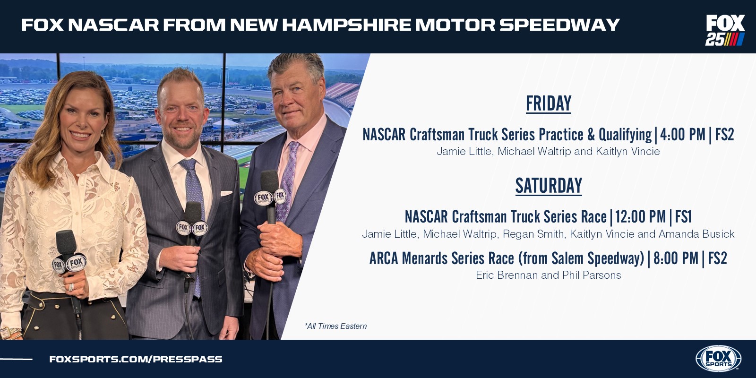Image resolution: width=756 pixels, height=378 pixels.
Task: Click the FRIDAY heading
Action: tap(549, 103)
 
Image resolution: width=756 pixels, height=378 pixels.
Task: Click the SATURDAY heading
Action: tap(549, 186)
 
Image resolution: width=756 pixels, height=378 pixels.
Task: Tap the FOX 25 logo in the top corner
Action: tap(725, 30)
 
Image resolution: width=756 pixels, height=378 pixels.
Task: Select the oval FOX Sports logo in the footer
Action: tap(718, 359)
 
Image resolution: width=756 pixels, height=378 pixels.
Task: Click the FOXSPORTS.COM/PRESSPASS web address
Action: tap(136, 359)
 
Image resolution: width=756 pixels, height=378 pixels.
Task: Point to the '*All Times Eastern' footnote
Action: tap(335, 326)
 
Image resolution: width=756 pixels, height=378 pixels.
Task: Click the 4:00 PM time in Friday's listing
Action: tap(682, 135)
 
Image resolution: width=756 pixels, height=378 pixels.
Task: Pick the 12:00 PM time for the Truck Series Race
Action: tap(640, 217)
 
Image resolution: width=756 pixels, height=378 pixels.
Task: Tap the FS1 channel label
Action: tap(683, 217)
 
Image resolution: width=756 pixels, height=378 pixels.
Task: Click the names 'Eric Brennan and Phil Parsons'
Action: tap(549, 275)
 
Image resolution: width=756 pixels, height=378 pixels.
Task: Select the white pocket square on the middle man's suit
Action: tap(226, 193)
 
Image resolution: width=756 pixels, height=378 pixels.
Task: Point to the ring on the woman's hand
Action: tap(71, 287)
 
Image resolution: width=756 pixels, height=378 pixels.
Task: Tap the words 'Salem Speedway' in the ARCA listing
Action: tap(597, 258)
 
